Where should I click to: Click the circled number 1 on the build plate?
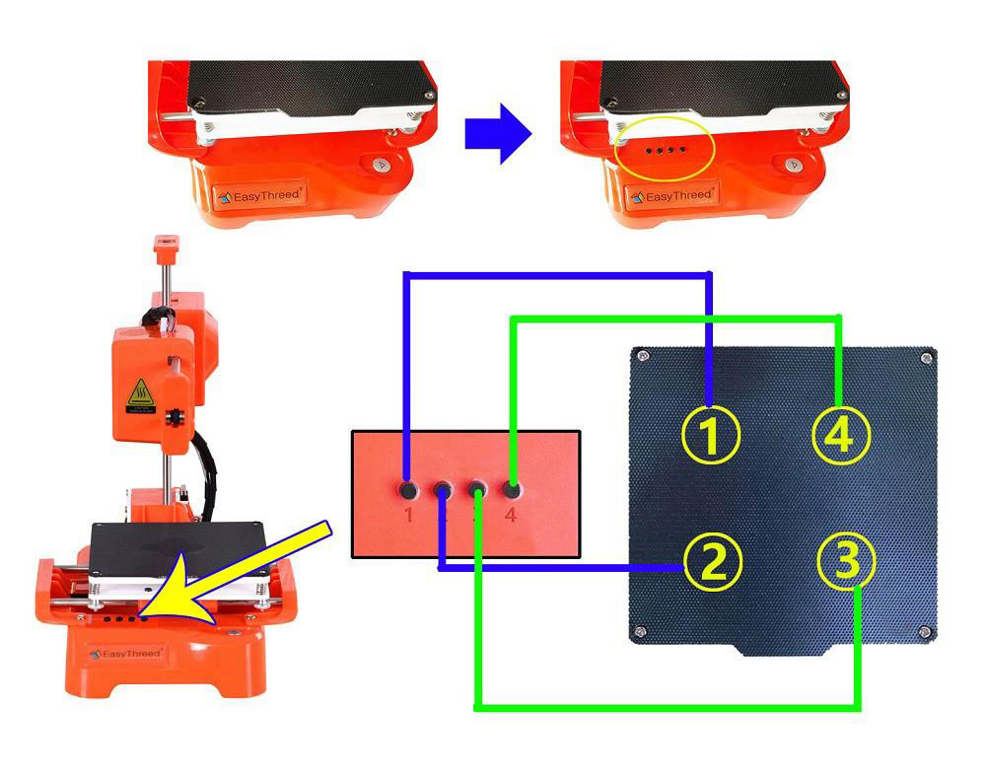point(712,434)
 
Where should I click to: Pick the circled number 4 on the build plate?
point(840,435)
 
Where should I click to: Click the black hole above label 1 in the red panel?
point(406,488)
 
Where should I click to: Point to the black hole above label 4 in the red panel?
point(512,488)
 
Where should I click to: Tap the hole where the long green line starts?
point(477,489)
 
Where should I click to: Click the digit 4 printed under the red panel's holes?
point(511,514)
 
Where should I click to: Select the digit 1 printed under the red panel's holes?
point(407,514)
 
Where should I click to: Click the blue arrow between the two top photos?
point(498,134)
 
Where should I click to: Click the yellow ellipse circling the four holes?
point(661,149)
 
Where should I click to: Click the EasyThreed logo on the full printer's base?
point(125,653)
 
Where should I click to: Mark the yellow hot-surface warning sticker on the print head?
point(139,395)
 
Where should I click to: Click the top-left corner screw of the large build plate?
point(643,355)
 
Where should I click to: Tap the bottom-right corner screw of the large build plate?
point(923,631)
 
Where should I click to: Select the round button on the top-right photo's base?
point(795,166)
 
